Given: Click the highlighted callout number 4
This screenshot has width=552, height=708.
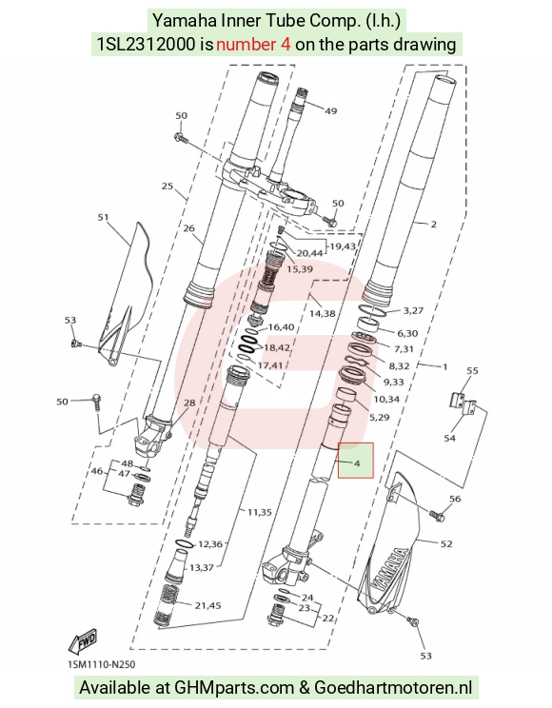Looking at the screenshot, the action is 357,463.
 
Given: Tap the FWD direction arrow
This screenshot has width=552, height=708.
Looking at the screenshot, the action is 83,641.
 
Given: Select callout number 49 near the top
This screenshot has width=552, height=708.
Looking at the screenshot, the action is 330,110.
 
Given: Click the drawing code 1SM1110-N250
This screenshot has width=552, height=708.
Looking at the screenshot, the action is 101,664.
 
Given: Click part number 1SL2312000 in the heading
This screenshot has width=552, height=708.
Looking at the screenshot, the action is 147,44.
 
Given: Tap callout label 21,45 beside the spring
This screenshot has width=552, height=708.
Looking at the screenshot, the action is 207,605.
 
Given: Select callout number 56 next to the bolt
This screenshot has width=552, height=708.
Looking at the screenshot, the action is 455,499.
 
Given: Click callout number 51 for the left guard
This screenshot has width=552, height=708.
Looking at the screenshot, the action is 104,217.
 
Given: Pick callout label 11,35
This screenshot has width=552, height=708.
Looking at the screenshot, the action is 259,512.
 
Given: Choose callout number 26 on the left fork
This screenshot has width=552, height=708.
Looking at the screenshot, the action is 188,228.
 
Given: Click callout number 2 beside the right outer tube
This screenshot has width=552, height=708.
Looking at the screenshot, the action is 434,224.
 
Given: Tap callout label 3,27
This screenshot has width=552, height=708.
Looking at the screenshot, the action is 413,310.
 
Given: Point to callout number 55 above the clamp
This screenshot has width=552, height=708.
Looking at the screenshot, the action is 472,370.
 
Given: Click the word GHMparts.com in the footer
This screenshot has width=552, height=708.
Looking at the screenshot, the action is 234,688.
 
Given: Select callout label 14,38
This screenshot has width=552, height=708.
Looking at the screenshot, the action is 322,313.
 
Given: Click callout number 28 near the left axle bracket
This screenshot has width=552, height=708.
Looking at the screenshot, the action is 189,403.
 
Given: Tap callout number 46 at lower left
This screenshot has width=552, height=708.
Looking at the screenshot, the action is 97,471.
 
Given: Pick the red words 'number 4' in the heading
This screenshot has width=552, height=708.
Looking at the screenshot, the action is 253,44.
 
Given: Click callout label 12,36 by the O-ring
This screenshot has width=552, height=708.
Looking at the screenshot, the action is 210,544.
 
